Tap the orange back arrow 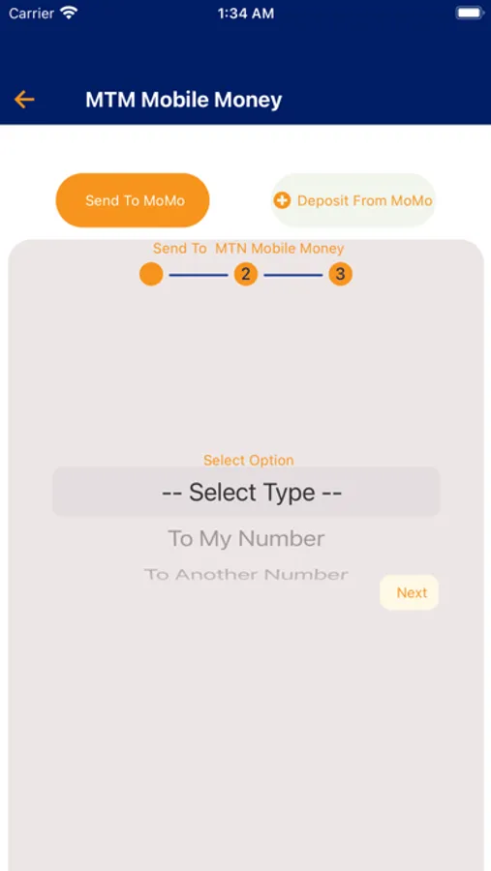pyautogui.click(x=24, y=100)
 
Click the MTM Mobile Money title pyautogui.click(x=183, y=100)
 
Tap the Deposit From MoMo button pyautogui.click(x=353, y=200)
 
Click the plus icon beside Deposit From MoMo pyautogui.click(x=282, y=200)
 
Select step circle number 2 pyautogui.click(x=246, y=274)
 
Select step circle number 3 pyautogui.click(x=340, y=274)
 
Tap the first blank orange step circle pyautogui.click(x=151, y=274)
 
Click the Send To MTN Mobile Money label pyautogui.click(x=249, y=249)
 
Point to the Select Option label pyautogui.click(x=249, y=460)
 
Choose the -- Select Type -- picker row pyautogui.click(x=246, y=493)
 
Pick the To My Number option pyautogui.click(x=246, y=538)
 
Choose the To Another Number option pyautogui.click(x=246, y=574)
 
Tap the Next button pyautogui.click(x=410, y=592)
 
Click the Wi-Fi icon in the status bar pyautogui.click(x=69, y=13)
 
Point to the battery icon pyautogui.click(x=470, y=13)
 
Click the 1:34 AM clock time pyautogui.click(x=246, y=14)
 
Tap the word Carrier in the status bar pyautogui.click(x=31, y=14)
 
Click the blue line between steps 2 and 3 pyautogui.click(x=293, y=275)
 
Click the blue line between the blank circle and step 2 pyautogui.click(x=199, y=275)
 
